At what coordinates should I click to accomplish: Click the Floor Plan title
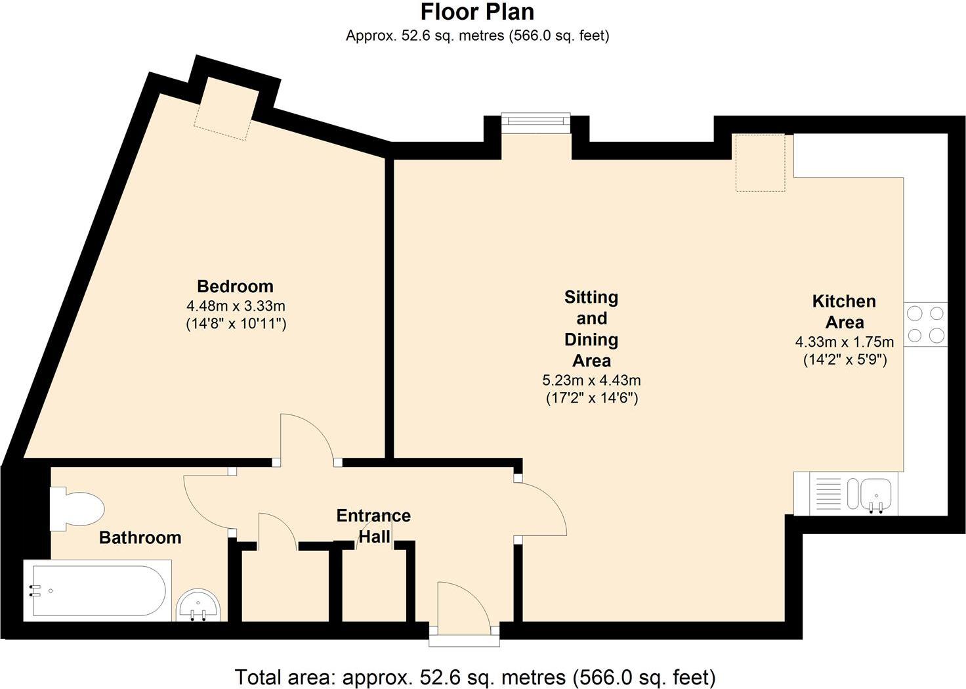point(477,12)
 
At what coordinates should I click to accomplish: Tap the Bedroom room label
point(235,286)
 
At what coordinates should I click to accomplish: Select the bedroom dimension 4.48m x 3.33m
point(236,306)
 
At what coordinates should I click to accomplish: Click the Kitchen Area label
point(844,312)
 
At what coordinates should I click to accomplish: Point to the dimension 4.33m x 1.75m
point(845,342)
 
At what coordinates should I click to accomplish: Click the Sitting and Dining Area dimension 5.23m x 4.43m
point(591,380)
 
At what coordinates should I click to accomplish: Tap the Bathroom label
point(140,538)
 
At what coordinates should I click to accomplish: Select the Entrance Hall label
point(373,526)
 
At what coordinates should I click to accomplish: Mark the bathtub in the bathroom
point(97,590)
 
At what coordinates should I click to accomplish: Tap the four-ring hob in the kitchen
point(925,324)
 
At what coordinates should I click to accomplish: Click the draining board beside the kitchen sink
point(828,493)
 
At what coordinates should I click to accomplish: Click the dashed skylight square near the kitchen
point(760,162)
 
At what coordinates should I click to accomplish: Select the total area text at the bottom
point(475,677)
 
